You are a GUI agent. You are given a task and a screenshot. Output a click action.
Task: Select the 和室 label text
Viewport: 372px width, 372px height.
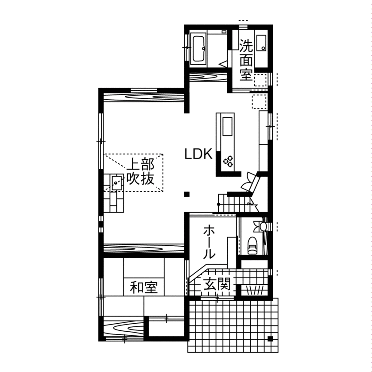(144, 287)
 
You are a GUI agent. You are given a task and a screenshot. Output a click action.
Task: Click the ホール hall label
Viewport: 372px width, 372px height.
(209, 242)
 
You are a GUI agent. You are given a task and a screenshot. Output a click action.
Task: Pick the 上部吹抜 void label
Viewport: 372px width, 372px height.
(140, 171)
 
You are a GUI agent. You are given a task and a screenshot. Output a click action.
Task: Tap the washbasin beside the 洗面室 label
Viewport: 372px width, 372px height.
(261, 43)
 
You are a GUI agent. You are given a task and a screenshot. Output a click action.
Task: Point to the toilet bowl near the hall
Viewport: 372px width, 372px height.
(252, 245)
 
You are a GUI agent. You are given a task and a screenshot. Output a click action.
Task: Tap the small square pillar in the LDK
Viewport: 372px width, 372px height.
(187, 194)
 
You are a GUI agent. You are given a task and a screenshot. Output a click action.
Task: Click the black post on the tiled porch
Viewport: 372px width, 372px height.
(270, 339)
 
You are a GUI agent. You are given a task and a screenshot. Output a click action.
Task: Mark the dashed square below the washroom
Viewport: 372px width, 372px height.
(259, 101)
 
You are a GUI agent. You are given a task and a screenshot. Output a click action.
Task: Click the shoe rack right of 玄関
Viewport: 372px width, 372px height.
(254, 290)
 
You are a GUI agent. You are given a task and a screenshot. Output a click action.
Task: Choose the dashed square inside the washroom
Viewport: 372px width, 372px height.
(260, 79)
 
